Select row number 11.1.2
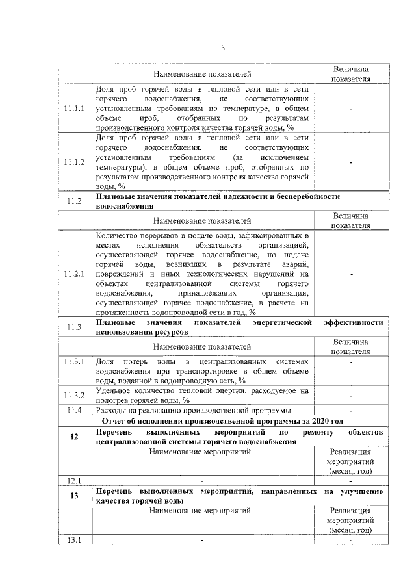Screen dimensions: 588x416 (x=75, y=162)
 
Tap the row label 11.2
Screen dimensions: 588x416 (x=75, y=201)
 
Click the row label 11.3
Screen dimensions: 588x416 (x=75, y=327)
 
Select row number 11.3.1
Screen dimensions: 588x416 (x=75, y=361)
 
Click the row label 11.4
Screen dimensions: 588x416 (x=75, y=411)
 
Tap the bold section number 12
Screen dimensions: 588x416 (x=75, y=437)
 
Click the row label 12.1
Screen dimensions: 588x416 (x=75, y=481)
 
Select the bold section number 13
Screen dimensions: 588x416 (x=75, y=496)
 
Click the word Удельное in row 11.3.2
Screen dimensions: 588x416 (x=114, y=390)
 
